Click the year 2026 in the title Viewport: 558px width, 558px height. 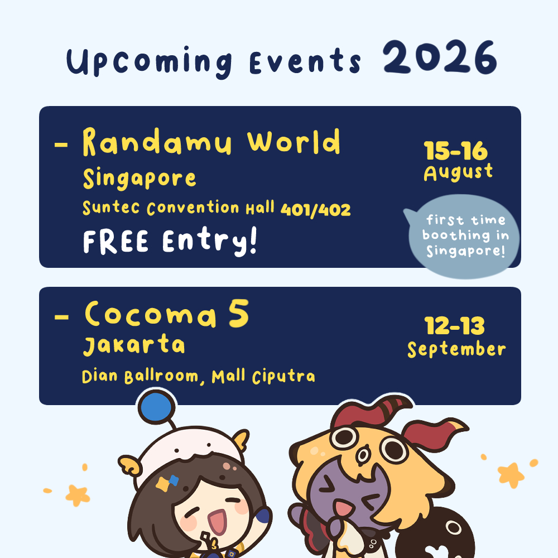pyautogui.click(x=440, y=57)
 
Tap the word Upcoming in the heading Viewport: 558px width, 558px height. pyautogui.click(x=149, y=61)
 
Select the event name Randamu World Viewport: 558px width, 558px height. pyautogui.click(x=211, y=142)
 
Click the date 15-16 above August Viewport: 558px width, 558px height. pyautogui.click(x=456, y=151)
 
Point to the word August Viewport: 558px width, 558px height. pyautogui.click(x=458, y=172)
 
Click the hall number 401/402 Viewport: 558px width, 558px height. pyautogui.click(x=316, y=210)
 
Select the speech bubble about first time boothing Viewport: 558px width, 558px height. pyautogui.click(x=463, y=236)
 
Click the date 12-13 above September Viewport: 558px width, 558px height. pyautogui.click(x=454, y=326)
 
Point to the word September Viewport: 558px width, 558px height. pyautogui.click(x=456, y=349)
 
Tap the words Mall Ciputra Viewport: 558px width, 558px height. pyautogui.click(x=263, y=377)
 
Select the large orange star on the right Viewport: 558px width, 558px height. pyautogui.click(x=511, y=475)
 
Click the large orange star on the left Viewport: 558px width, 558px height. pyautogui.click(x=78, y=495)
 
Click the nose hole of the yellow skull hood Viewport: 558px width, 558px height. pyautogui.click(x=363, y=455)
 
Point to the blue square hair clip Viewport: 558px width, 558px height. pyautogui.click(x=174, y=480)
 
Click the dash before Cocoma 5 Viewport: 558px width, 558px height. pyautogui.click(x=61, y=317)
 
